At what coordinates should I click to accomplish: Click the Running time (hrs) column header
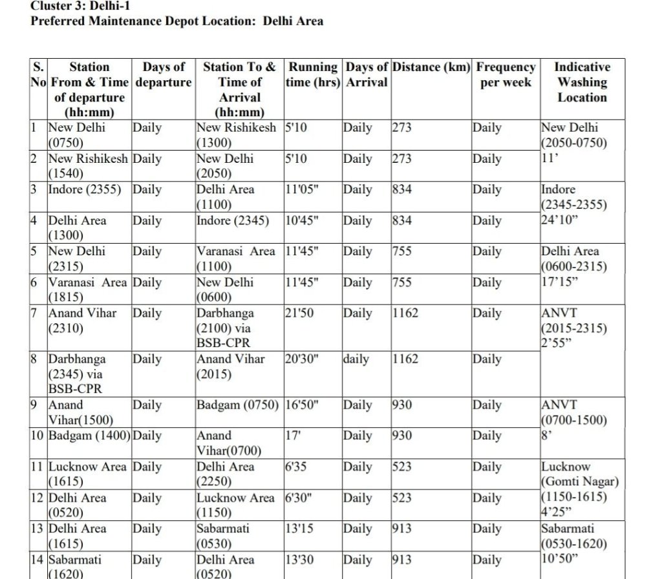(x=314, y=74)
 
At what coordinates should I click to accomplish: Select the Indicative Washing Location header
(x=582, y=82)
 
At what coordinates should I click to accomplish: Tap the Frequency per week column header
(x=506, y=74)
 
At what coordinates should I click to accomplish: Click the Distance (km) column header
(x=431, y=67)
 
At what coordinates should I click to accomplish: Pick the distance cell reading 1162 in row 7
(x=405, y=313)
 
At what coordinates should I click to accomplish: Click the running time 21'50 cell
(x=299, y=313)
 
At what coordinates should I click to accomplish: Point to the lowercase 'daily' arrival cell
(x=356, y=359)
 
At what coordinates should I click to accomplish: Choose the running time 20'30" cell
(x=302, y=359)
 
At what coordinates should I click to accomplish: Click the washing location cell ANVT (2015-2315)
(x=574, y=328)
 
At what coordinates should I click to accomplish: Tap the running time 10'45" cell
(x=302, y=220)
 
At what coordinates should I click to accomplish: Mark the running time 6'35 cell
(x=295, y=467)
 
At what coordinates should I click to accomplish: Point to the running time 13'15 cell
(x=299, y=529)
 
